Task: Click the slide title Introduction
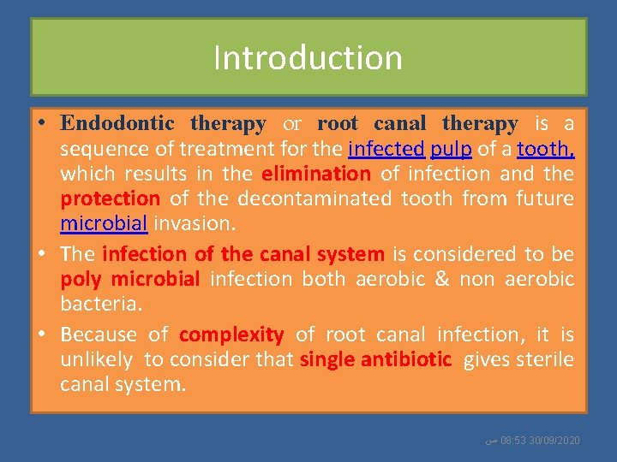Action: (308, 58)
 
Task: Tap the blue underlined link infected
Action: (386, 149)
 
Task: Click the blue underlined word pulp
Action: (451, 149)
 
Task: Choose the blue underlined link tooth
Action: (545, 149)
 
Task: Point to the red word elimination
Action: (315, 174)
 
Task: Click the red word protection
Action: (110, 198)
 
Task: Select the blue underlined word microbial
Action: (104, 224)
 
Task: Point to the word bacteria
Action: (97, 305)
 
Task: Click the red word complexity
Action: (231, 335)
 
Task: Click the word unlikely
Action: (96, 359)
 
